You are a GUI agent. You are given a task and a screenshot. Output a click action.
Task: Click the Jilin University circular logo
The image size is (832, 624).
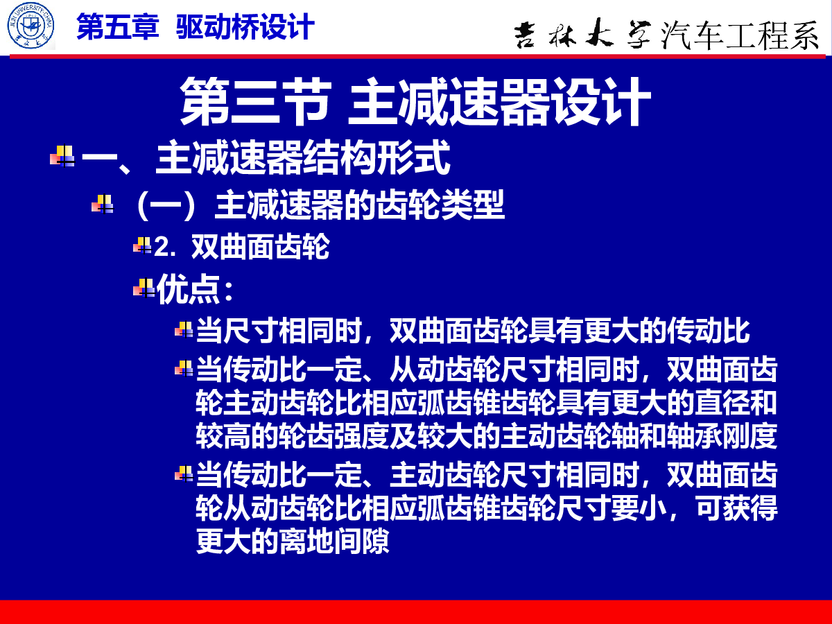tap(31, 26)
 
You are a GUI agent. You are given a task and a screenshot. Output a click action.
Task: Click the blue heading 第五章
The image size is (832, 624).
tap(118, 27)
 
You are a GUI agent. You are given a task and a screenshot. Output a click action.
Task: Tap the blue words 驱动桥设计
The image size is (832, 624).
tap(245, 27)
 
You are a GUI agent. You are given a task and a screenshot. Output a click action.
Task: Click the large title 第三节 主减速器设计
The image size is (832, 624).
tap(415, 101)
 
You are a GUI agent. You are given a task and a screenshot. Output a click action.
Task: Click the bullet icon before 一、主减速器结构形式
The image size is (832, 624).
tap(62, 156)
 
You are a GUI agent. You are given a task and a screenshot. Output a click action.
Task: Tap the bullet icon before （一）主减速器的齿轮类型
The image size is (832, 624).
tap(103, 204)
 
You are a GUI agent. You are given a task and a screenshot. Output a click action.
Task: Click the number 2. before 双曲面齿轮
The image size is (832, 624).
tap(165, 248)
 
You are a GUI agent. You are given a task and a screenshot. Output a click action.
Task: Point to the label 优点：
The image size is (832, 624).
tap(195, 290)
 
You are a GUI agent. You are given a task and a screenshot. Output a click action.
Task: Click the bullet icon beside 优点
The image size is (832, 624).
tap(144, 288)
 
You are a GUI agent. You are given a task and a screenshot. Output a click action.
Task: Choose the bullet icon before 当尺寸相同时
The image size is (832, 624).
tap(184, 329)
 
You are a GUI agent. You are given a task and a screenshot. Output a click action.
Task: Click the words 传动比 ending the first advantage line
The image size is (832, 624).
tap(708, 331)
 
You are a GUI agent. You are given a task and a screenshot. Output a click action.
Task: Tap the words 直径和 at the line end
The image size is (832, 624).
tap(736, 402)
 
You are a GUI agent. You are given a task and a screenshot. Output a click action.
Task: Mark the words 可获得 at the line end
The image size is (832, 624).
tap(736, 508)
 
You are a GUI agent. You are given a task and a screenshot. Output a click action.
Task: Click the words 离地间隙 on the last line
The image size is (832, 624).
tap(334, 541)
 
